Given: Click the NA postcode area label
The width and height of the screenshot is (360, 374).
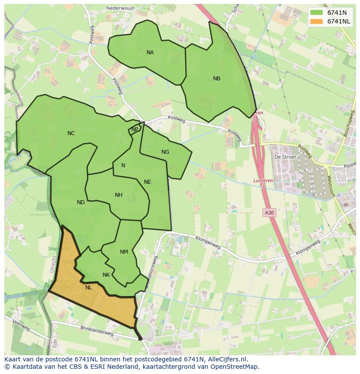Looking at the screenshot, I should (150, 53).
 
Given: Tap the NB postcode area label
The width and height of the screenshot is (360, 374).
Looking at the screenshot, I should (217, 79).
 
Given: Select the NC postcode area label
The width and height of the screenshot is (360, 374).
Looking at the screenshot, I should (71, 133).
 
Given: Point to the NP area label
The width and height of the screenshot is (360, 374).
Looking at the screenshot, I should (135, 129).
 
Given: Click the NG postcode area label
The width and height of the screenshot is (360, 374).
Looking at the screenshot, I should (165, 152).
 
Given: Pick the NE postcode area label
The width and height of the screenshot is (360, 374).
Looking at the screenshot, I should (147, 182).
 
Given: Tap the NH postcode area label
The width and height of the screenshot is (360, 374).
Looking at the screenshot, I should (118, 195).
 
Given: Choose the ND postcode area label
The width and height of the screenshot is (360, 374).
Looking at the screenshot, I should (81, 202).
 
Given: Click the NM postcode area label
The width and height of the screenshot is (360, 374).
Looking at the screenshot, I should (124, 252).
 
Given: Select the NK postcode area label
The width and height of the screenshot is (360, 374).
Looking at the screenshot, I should (106, 275).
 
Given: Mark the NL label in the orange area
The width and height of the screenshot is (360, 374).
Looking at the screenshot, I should (89, 287).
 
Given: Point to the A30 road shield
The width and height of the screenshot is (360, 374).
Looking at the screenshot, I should (269, 212).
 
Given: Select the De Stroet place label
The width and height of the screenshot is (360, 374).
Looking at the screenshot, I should (285, 157).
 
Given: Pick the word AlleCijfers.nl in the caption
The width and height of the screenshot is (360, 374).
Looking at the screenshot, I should (226, 359).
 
